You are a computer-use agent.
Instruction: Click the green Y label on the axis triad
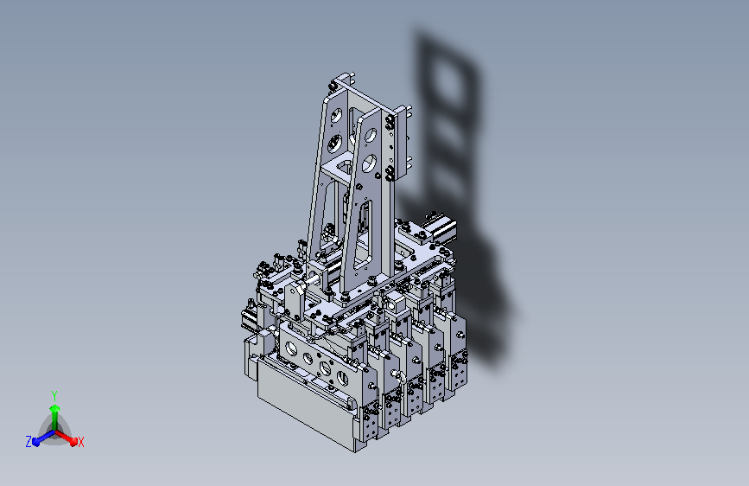[54, 395]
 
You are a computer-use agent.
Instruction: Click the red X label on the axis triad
[80, 443]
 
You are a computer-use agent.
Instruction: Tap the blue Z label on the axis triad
[29, 442]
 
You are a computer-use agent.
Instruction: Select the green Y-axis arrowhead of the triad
[55, 408]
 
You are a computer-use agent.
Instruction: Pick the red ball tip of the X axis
[73, 442]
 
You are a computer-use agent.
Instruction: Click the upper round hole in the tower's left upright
[336, 115]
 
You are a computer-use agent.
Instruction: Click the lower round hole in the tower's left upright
[335, 143]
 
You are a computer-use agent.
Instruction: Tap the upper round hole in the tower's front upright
[371, 136]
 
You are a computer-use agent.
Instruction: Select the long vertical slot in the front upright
[363, 234]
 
